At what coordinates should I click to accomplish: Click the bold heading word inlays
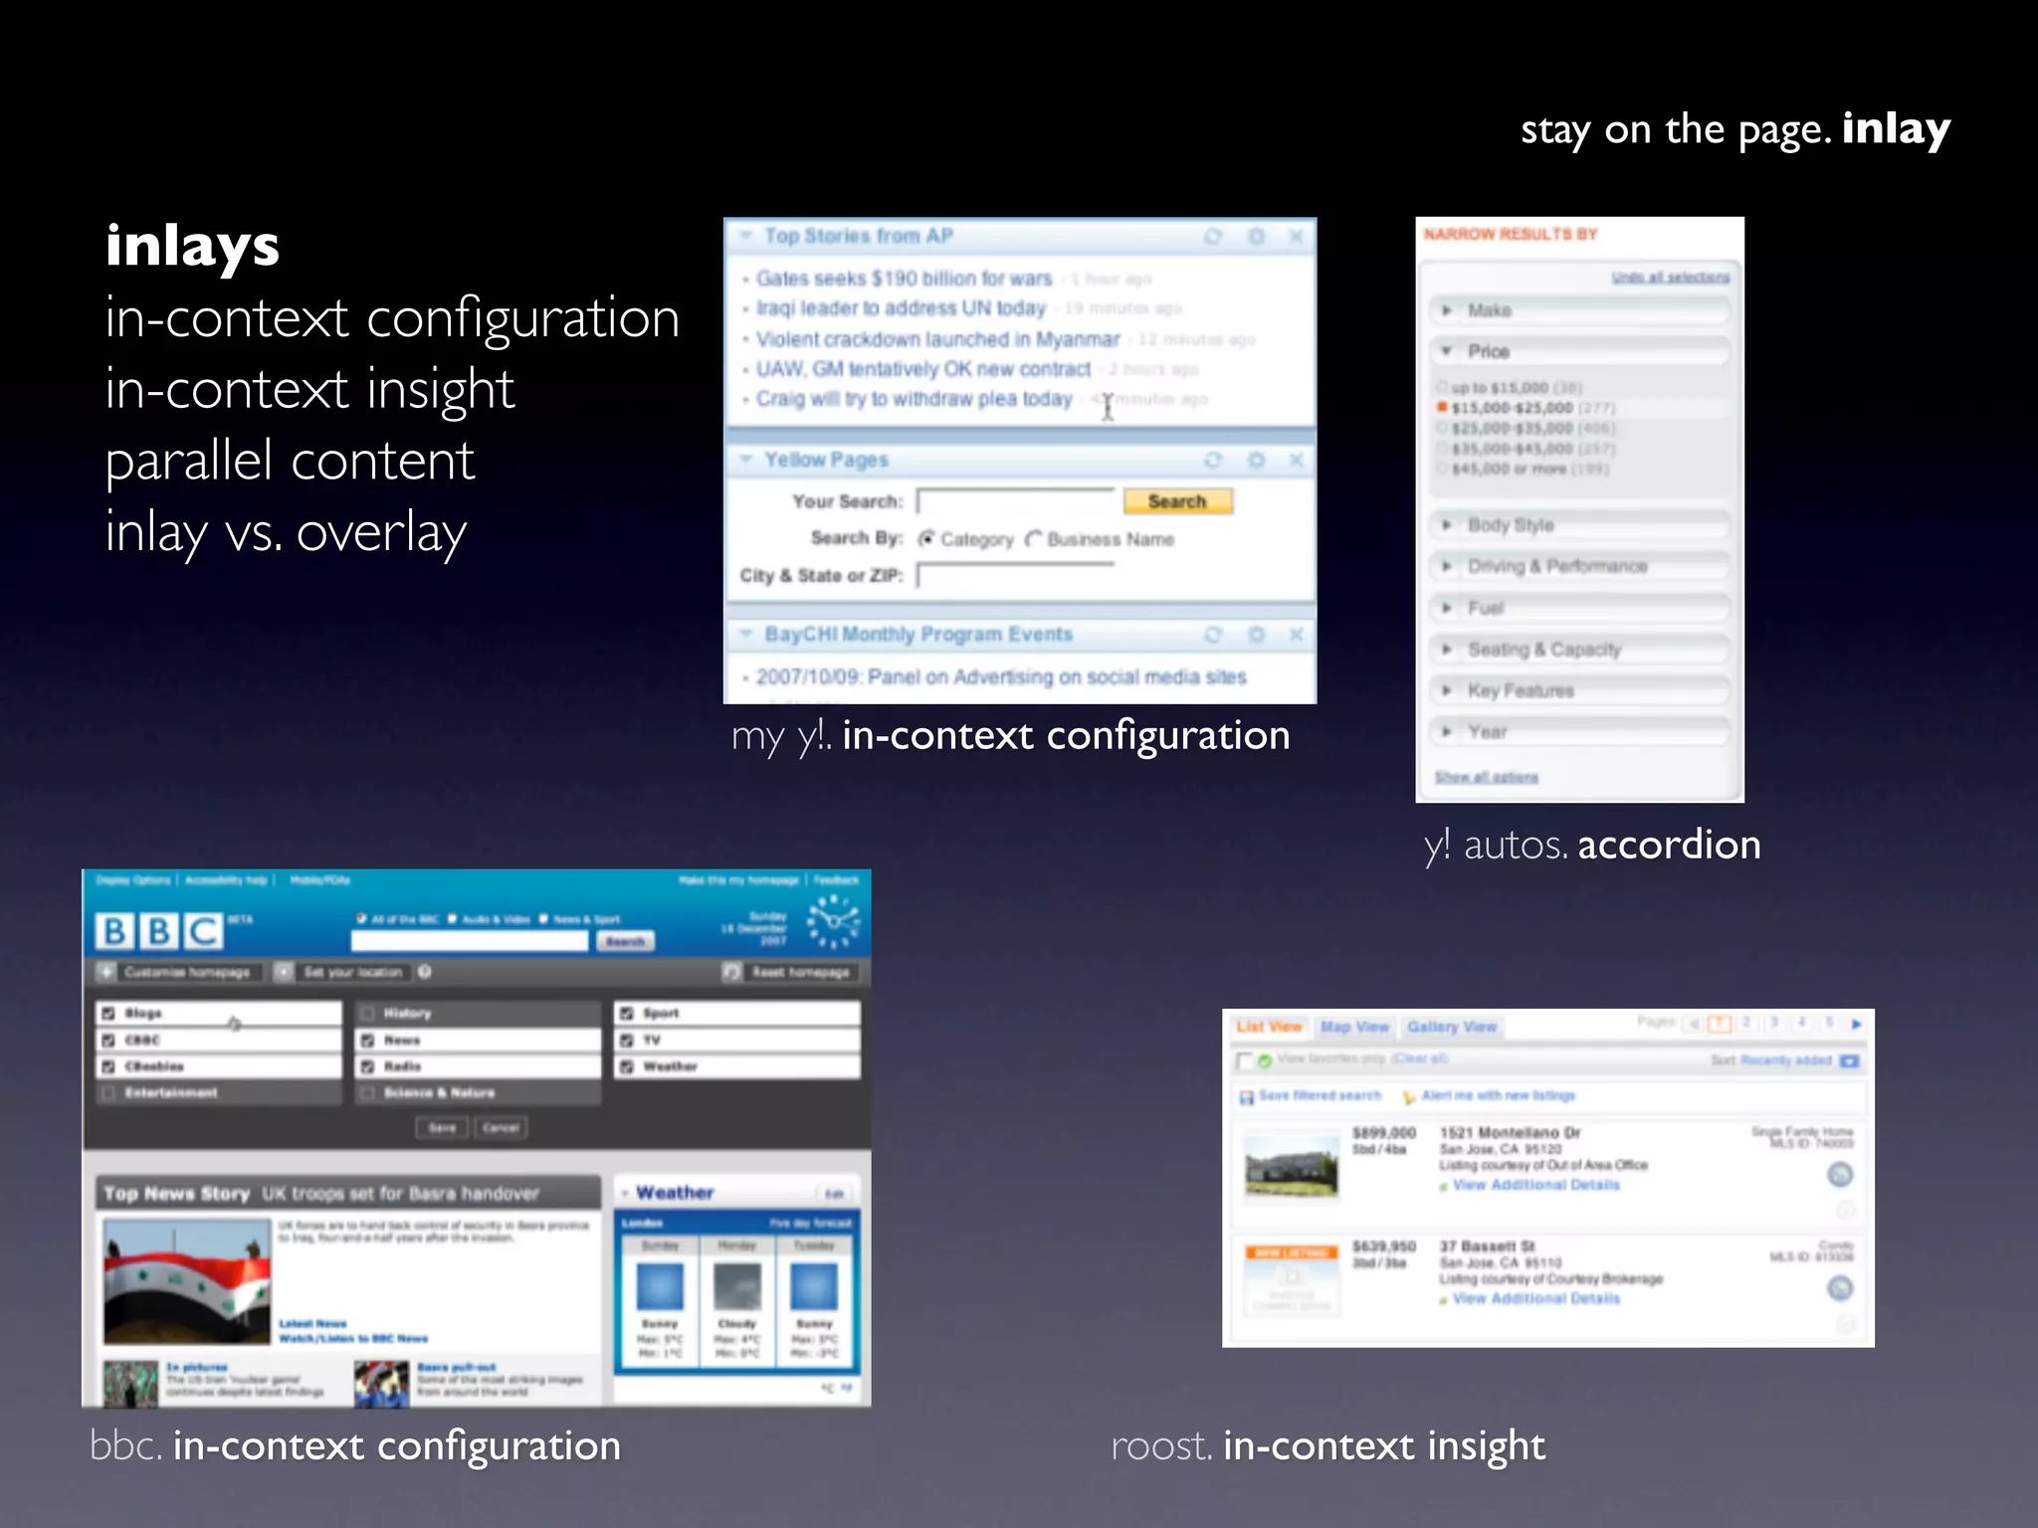192,247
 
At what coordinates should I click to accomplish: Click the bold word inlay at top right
1895,129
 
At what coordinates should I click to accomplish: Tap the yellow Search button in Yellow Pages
1177,501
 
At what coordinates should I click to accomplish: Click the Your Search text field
1015,501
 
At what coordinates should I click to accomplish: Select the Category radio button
926,539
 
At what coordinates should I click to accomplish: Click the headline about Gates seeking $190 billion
904,279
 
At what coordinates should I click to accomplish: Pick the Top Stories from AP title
858,236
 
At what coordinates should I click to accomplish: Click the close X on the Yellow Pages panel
1296,460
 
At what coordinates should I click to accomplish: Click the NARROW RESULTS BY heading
1510,235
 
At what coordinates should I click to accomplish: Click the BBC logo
159,931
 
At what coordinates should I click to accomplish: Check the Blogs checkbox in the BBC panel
108,1014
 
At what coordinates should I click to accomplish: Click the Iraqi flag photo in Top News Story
187,1281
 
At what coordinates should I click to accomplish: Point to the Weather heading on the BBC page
675,1192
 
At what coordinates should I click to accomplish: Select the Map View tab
1354,1027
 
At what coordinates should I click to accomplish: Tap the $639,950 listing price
1383,1246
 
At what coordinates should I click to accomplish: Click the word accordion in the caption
1669,845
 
